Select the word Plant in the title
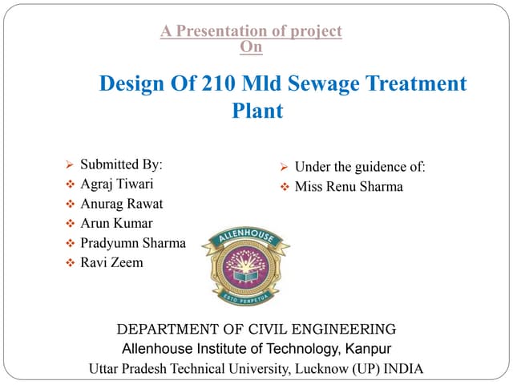[257, 111]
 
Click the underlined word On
[251, 47]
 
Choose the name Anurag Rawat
[121, 204]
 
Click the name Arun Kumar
[116, 223]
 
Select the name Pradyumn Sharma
[133, 242]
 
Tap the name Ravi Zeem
[111, 262]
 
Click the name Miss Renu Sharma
[349, 187]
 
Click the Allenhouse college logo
[245, 264]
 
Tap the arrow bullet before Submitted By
[69, 165]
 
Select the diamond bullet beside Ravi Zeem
[69, 263]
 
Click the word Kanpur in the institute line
[369, 349]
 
